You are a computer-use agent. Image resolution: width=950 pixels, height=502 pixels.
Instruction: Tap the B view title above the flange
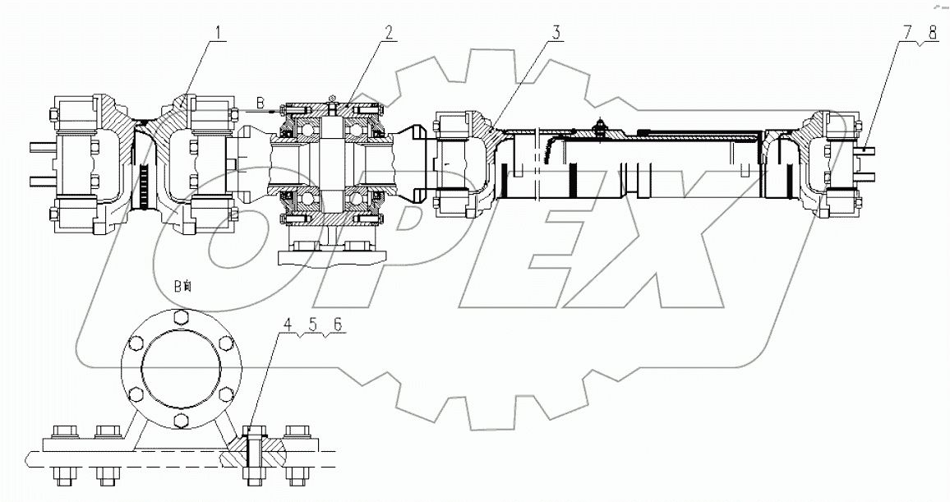click(x=182, y=286)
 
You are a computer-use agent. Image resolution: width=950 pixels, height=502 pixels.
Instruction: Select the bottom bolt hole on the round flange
click(x=180, y=423)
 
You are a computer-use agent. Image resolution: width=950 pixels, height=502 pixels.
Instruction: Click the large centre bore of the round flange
click(x=180, y=370)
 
